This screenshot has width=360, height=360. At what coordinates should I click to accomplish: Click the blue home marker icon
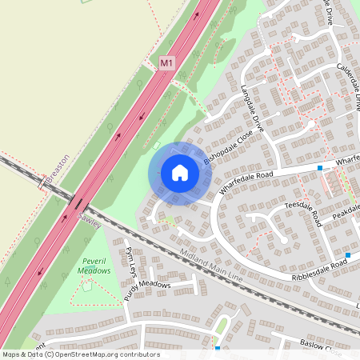(180, 173)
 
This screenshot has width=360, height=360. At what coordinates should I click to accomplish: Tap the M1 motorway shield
(166, 62)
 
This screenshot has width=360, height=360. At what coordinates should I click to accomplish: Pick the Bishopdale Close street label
(228, 149)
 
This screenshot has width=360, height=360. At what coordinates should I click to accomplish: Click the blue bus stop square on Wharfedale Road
(320, 168)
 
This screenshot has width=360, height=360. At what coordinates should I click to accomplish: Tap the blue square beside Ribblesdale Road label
(348, 254)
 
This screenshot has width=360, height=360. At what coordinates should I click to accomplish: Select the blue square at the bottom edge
(218, 348)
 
